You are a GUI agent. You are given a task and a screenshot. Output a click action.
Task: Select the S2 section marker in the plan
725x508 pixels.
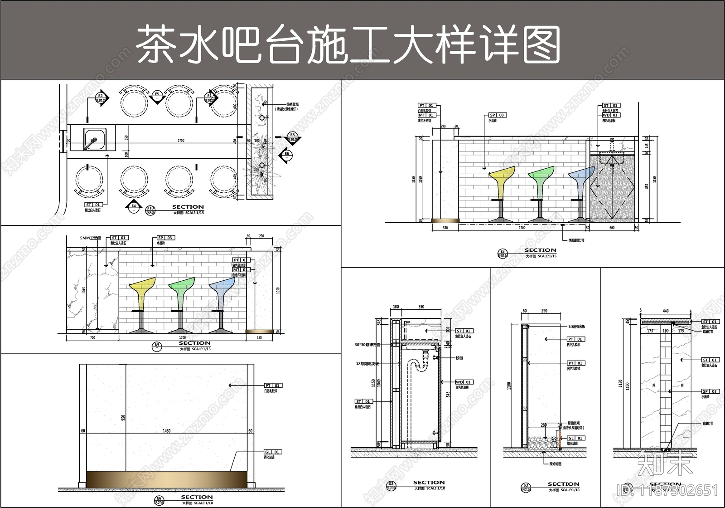[101, 97]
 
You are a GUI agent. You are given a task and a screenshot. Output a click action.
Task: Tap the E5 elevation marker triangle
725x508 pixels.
[157, 97]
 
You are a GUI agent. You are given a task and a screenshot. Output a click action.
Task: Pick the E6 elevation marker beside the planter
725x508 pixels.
[286, 155]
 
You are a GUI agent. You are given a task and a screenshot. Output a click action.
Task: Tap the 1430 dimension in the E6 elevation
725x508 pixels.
[167, 430]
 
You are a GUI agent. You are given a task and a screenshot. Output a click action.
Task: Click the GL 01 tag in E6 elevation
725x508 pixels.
[273, 452]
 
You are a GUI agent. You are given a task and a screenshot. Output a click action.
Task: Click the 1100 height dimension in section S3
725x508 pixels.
[509, 386]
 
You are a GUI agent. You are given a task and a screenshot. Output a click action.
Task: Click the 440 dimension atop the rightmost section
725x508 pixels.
[665, 311]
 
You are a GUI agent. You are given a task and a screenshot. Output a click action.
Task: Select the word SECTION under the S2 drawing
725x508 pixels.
[429, 483]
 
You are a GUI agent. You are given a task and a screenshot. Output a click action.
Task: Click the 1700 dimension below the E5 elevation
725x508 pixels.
[522, 228]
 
